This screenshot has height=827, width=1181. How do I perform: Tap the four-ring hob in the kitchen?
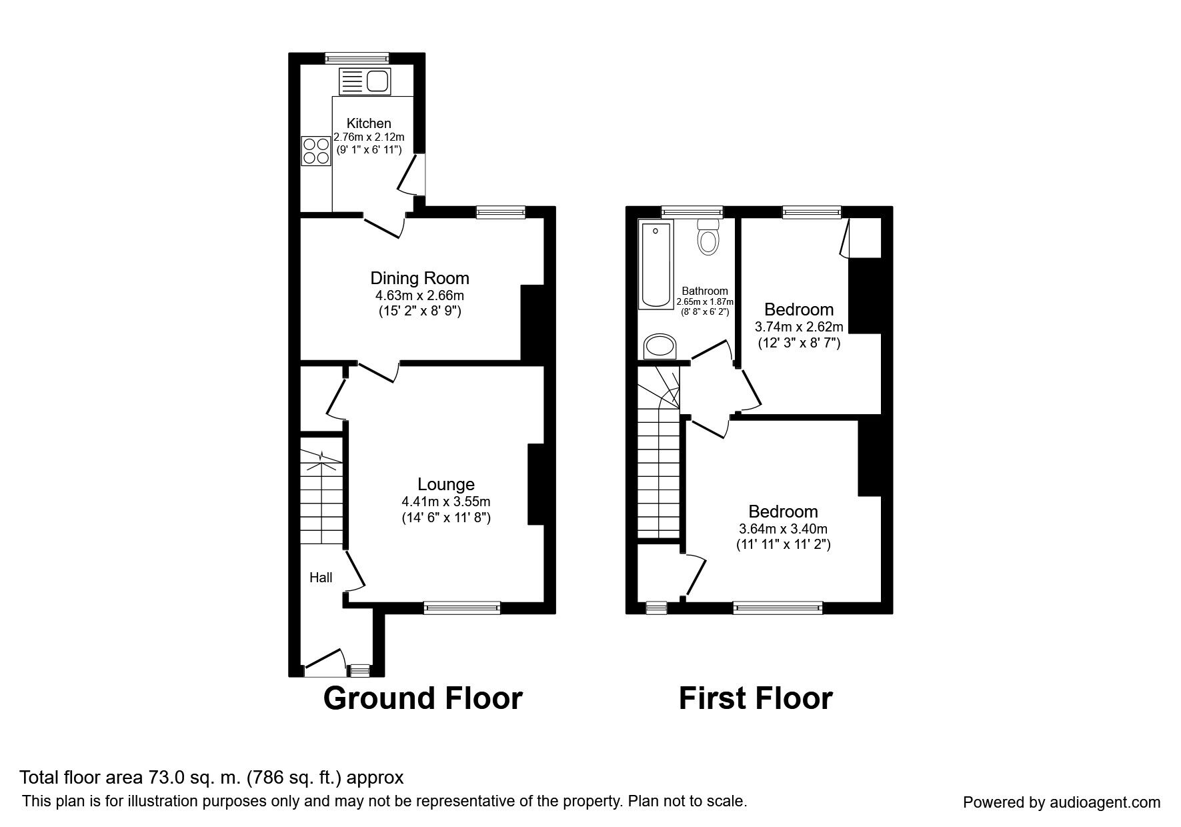pos(316,150)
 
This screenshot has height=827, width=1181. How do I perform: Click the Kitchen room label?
pos(369,123)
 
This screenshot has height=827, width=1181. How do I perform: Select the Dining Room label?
pos(419,278)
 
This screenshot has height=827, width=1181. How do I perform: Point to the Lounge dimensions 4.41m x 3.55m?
pos(446,502)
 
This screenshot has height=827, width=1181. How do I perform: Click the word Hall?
pos(321,578)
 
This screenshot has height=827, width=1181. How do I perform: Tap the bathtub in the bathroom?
pos(656,265)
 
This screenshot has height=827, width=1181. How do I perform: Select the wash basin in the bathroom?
pos(660,347)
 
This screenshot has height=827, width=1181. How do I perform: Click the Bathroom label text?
pos(704,291)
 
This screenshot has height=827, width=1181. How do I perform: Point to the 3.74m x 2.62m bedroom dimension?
pos(799,327)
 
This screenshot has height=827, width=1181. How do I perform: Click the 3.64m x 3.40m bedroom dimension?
pos(783,529)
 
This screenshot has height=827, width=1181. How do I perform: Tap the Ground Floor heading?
pos(423,698)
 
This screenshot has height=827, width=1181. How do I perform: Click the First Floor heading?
pos(756,698)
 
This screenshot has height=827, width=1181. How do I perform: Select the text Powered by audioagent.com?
pos(1062,802)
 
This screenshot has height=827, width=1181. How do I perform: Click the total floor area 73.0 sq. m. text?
pos(211,778)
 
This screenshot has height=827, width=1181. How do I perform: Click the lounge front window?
pos(461,607)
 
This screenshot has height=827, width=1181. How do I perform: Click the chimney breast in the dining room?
pos(533,323)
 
